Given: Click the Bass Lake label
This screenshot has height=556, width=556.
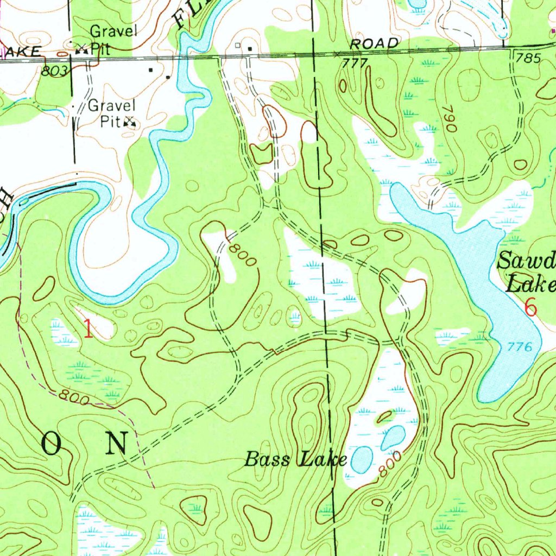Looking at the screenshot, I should click(x=295, y=459).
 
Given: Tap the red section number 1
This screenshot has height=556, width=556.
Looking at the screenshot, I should click(x=88, y=329).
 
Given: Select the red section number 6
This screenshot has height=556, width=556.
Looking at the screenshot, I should click(x=530, y=308).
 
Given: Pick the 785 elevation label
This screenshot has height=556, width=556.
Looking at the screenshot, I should click(x=529, y=58).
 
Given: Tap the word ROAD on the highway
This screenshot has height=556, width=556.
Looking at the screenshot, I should click(x=374, y=43).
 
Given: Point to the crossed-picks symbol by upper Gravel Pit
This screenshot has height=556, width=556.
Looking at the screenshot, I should click(x=82, y=49).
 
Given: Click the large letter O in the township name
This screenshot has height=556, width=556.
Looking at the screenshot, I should click(x=53, y=444).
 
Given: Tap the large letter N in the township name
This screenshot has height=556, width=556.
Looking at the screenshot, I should click(x=117, y=444).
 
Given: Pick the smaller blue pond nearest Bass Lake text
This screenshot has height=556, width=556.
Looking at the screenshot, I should click(x=361, y=459).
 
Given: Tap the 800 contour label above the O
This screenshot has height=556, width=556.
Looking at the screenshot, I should click(x=74, y=398).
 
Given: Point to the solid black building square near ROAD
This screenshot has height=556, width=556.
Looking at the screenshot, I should click(x=250, y=49).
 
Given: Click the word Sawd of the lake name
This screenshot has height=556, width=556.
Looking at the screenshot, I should click(x=526, y=262).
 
